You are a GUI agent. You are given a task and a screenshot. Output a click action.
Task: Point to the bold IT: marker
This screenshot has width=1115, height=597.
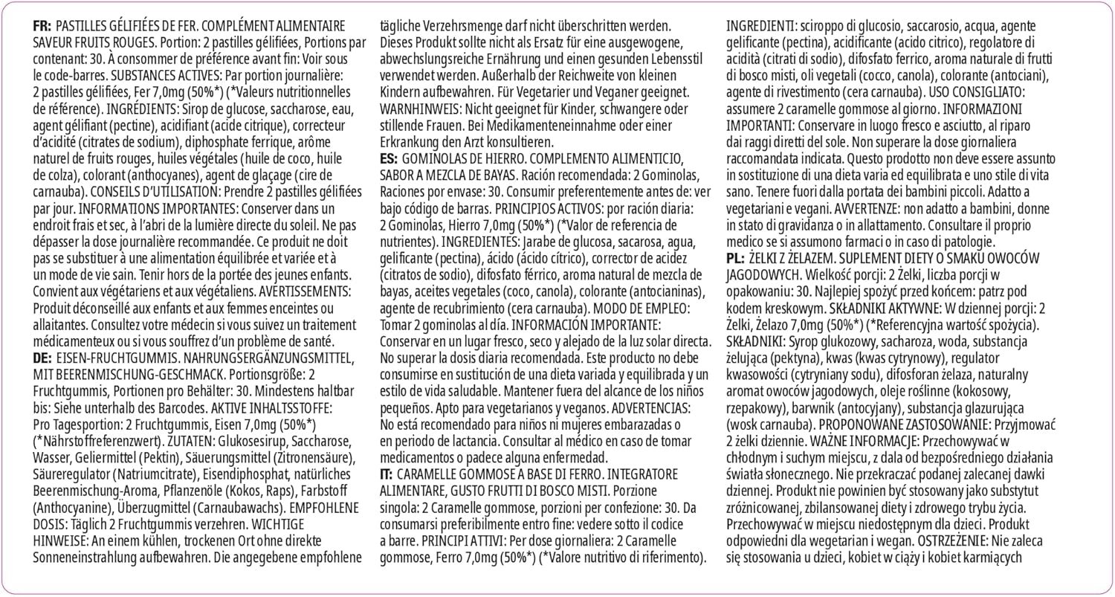[387, 472]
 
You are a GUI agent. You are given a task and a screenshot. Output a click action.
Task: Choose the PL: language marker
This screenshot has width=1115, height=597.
[737, 257]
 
